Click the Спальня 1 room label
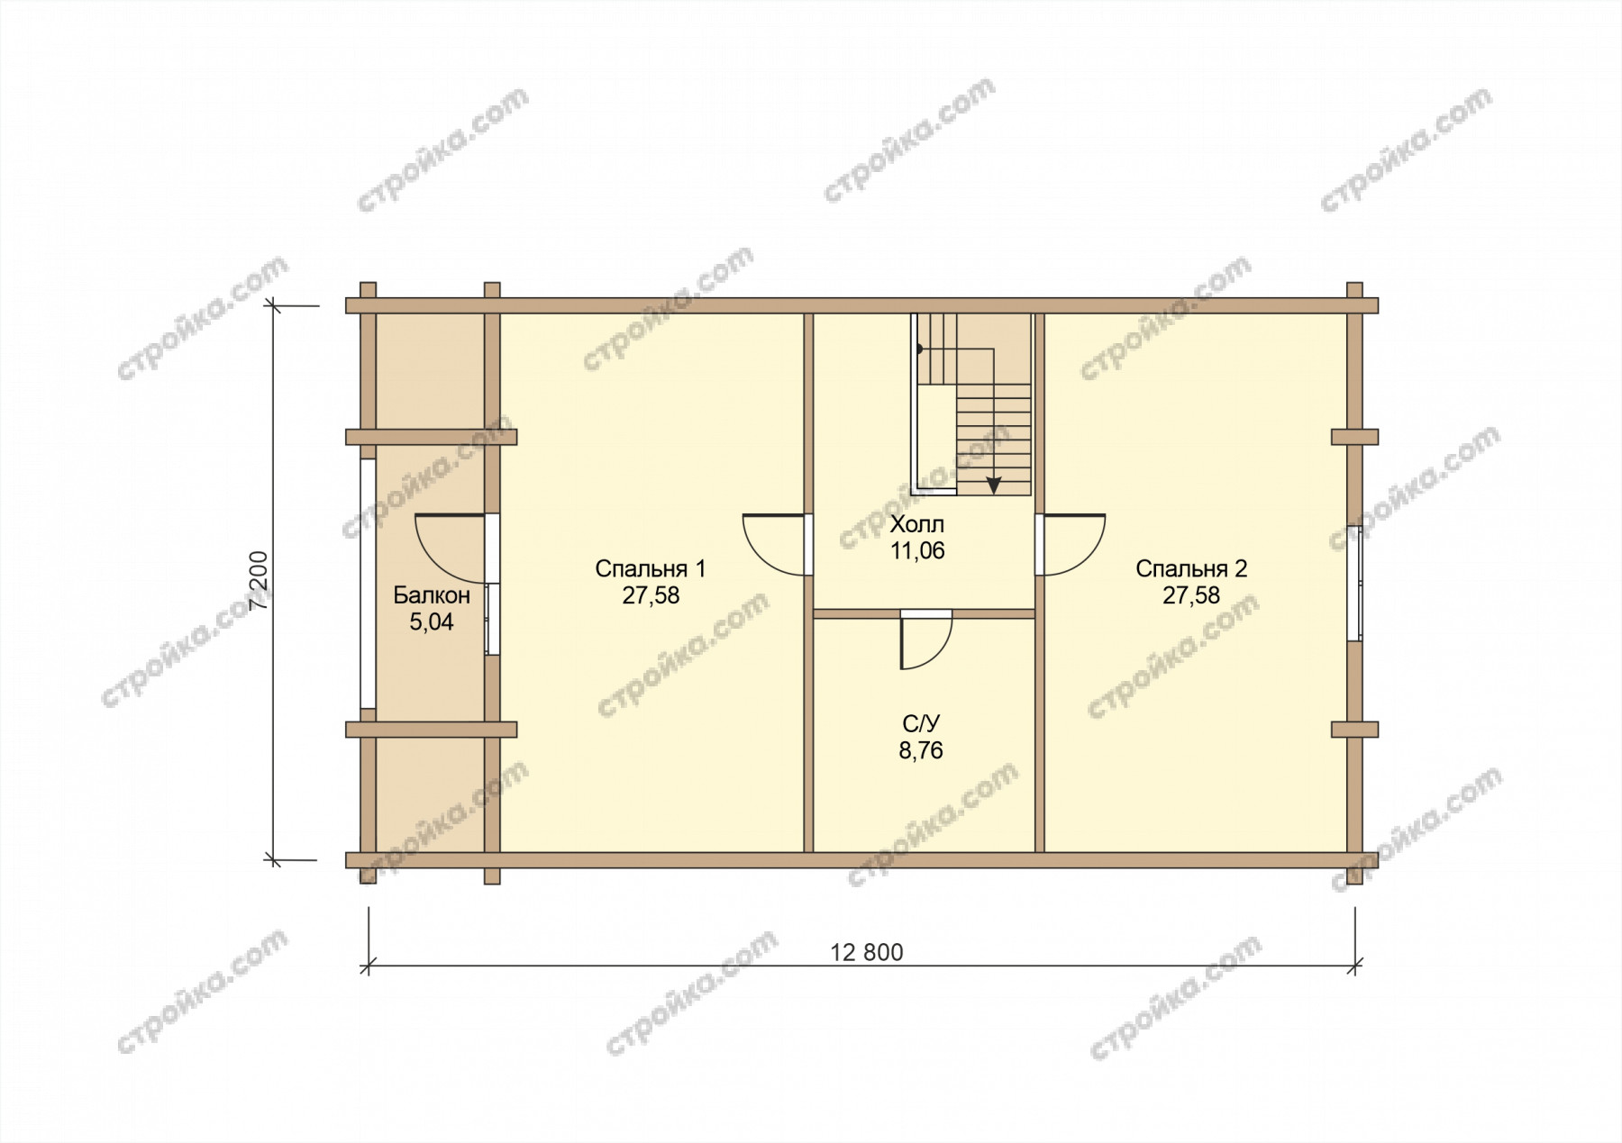coord(650,569)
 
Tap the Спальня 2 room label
coord(1190,569)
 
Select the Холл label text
coord(917,524)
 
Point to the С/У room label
coord(921,723)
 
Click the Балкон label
coord(432,595)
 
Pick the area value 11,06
coord(917,551)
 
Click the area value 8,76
coord(921,750)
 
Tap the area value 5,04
coord(432,622)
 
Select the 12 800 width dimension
coord(867,952)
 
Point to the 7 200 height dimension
coord(260,580)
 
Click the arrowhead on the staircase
coord(993,485)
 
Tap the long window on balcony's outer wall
coord(368,584)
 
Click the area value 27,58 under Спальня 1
coord(650,596)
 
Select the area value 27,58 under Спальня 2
coord(1190,596)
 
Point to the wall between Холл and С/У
coord(924,613)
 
